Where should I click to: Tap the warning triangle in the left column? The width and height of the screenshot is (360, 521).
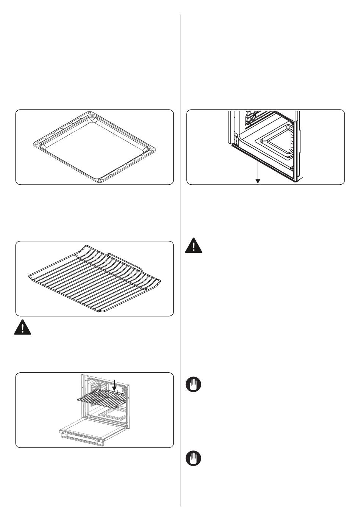(22, 327)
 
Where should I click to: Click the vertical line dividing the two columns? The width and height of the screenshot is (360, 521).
(180, 265)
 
